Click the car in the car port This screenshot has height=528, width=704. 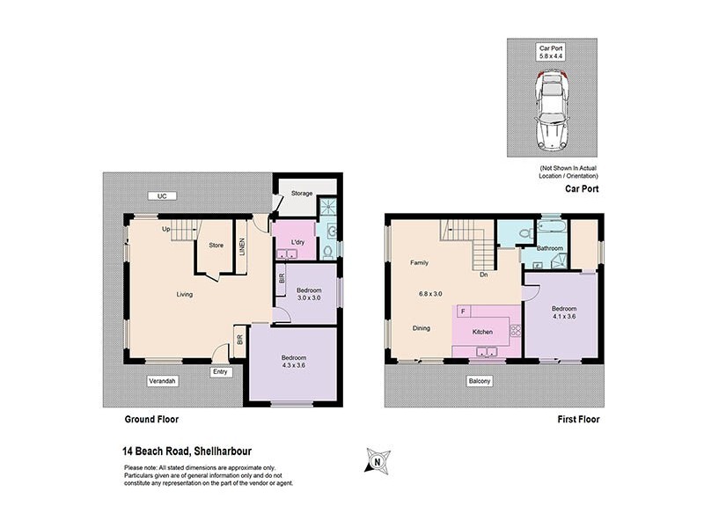pos(551,110)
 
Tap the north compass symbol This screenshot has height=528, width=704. pos(378,459)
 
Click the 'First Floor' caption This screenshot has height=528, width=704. pos(578,420)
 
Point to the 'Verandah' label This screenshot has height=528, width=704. pos(163,381)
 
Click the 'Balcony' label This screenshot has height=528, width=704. pos(480,381)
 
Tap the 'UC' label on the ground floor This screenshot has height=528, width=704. pos(161,195)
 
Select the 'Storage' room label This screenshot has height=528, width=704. pos(303,194)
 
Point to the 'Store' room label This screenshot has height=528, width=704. pos(216,246)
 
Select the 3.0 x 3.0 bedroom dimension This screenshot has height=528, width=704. pos(309,298)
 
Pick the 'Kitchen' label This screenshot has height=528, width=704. pos(483,332)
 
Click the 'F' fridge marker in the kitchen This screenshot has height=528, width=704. pos(462,311)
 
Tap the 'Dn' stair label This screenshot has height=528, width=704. pos(484,275)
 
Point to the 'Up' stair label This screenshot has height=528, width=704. pos(165,230)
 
